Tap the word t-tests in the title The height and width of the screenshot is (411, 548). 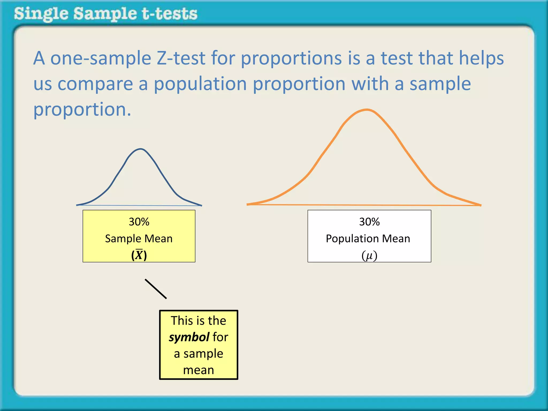[x=170, y=14]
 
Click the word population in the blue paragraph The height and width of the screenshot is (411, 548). [x=200, y=84]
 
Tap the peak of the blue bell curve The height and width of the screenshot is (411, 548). [x=140, y=149]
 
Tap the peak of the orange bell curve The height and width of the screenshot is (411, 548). [x=367, y=110]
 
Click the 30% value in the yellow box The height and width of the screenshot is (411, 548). [x=139, y=222]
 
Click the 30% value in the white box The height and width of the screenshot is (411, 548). [x=369, y=222]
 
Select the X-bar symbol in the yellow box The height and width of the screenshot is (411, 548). [x=139, y=255]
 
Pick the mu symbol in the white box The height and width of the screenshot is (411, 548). [x=369, y=256]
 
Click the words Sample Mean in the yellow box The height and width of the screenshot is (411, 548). [x=139, y=238]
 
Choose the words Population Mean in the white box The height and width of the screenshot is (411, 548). [x=368, y=238]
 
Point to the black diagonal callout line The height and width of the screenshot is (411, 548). [x=156, y=289]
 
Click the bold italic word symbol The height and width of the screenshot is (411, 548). [x=189, y=337]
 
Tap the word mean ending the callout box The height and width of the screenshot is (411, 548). [x=199, y=370]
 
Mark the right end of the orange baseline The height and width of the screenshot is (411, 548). [x=481, y=205]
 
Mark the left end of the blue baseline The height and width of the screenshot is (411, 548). [x=77, y=205]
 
